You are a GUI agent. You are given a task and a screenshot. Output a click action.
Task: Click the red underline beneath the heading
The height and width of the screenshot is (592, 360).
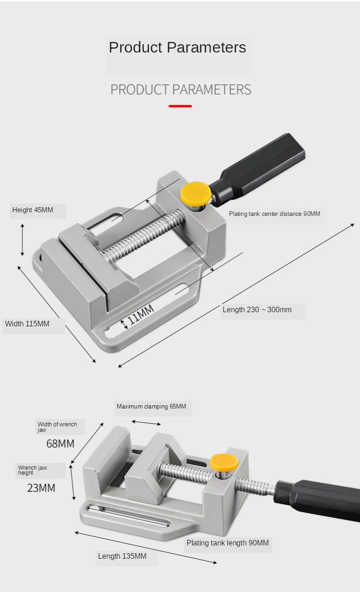click(180, 106)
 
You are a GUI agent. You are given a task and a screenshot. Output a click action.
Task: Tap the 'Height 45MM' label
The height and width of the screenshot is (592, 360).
click(33, 210)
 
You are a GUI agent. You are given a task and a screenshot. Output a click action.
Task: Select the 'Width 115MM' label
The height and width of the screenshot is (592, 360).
click(27, 324)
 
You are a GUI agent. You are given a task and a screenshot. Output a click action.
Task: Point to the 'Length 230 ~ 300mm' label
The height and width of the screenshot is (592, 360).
click(257, 310)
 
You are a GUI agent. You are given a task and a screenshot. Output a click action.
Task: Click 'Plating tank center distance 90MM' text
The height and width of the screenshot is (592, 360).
click(274, 214)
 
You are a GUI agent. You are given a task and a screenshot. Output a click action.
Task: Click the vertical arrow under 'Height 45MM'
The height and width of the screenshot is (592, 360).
click(22, 240)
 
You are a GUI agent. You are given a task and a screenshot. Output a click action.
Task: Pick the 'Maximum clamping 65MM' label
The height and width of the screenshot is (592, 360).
click(151, 406)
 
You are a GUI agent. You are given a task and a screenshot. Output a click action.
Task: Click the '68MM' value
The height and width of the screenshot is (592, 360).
click(60, 443)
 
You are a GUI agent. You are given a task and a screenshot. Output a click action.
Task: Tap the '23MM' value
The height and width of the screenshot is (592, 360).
click(41, 488)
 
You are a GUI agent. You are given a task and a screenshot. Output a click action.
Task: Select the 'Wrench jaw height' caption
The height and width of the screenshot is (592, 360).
click(32, 470)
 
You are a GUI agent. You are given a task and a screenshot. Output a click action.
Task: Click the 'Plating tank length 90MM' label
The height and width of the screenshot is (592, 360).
click(228, 543)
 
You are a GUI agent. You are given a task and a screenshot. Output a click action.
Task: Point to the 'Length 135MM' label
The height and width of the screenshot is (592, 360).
click(122, 556)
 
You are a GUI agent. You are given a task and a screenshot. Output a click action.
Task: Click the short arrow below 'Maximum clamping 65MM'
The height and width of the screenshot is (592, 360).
click(146, 423)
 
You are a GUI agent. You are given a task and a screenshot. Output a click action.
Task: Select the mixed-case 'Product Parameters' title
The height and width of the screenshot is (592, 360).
click(177, 47)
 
